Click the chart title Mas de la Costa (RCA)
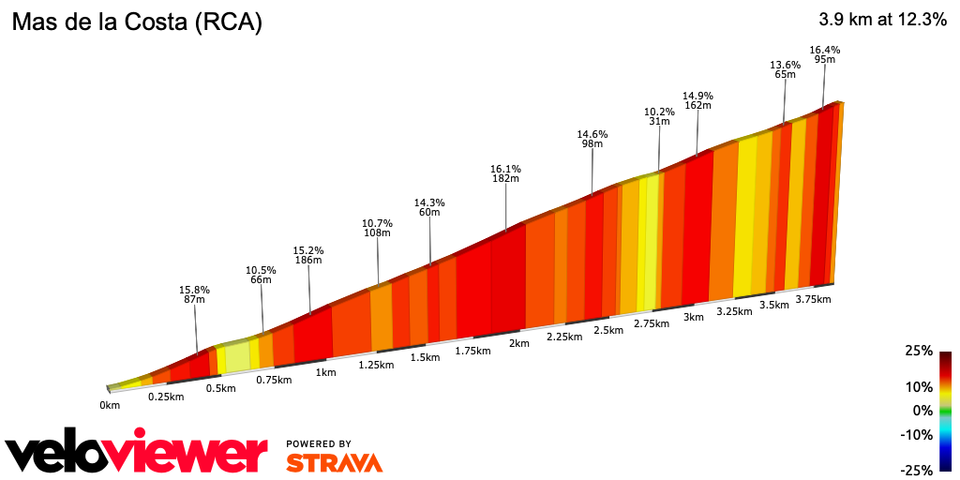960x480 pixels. (136, 22)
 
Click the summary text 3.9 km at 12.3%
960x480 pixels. (882, 20)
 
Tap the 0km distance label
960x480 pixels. (110, 405)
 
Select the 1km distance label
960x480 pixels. (325, 372)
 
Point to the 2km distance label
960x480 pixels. (518, 343)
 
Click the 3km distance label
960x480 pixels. (694, 317)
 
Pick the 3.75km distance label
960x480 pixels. (813, 299)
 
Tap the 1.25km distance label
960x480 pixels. (376, 365)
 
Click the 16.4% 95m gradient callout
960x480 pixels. (825, 54)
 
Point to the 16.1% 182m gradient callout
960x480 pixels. (505, 173)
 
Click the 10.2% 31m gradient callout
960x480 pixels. (659, 116)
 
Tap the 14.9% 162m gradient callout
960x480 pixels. (697, 100)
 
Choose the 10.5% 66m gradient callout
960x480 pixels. (261, 275)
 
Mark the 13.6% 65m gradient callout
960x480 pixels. (785, 69)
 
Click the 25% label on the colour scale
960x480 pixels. (919, 351)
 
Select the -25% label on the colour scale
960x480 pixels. (916, 470)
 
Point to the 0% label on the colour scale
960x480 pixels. (922, 411)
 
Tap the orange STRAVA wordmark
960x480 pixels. (334, 462)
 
